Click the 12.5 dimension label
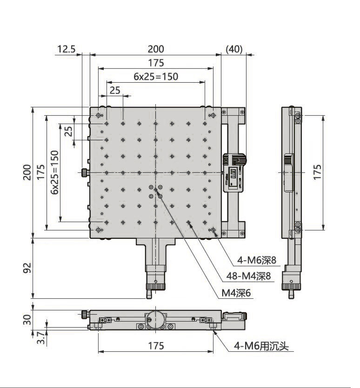pyautogui.click(x=66, y=49)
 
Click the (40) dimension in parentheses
pyautogui.click(x=234, y=49)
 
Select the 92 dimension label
pyautogui.click(x=27, y=268)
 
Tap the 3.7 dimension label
pyautogui.click(x=41, y=338)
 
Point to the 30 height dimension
pyautogui.click(x=27, y=319)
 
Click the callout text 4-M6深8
pyautogui.click(x=257, y=260)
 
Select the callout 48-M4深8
pyautogui.click(x=248, y=276)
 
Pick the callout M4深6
pyautogui.click(x=236, y=293)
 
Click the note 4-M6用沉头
pyautogui.click(x=261, y=346)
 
